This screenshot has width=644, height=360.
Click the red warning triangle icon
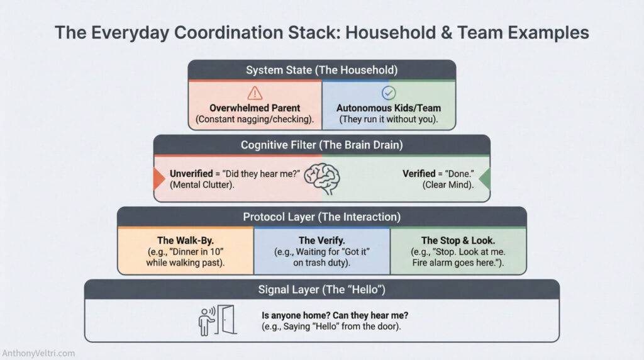[x=255, y=92]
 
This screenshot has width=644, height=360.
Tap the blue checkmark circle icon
[x=389, y=92]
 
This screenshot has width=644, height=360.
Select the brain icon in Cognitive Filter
[x=321, y=178]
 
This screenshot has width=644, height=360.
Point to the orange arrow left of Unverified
[x=159, y=178]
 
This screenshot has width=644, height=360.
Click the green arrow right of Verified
[x=485, y=178]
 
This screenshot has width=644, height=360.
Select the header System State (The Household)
[x=321, y=70]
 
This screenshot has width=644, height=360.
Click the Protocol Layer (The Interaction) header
[x=321, y=217]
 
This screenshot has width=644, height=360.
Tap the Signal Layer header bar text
[x=321, y=290]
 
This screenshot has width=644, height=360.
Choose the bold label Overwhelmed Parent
[x=255, y=108]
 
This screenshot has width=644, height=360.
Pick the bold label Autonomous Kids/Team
[x=389, y=108]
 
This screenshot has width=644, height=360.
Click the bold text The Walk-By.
[x=186, y=240]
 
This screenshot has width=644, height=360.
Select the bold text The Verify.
[x=321, y=240]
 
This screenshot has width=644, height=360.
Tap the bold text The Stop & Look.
[x=458, y=240]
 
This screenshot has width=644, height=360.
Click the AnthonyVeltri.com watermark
[x=39, y=353]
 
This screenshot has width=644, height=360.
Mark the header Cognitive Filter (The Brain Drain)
[x=321, y=145]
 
